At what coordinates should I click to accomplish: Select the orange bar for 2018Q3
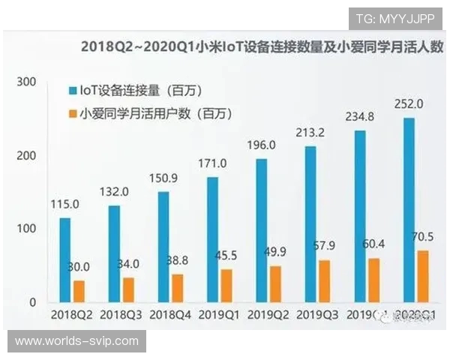click(128, 289)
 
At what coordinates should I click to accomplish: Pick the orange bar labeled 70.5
click(423, 276)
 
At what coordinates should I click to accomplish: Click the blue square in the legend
click(73, 91)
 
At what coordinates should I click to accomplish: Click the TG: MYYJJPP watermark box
click(395, 18)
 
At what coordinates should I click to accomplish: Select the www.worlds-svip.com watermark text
click(76, 340)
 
